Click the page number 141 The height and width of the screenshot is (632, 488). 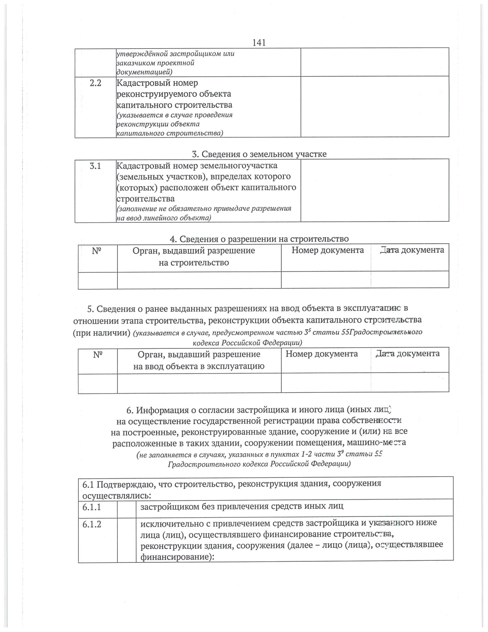[259, 42]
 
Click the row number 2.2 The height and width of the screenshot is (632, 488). [95, 83]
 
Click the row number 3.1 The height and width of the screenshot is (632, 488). [95, 166]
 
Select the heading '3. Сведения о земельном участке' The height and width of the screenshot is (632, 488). [259, 154]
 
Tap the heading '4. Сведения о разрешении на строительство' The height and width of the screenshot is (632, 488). [259, 239]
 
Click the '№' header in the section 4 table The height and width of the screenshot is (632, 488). [97, 251]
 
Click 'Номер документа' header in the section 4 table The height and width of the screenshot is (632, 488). [327, 250]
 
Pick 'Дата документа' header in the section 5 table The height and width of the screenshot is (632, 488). [407, 354]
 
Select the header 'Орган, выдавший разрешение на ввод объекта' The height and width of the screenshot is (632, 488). [199, 360]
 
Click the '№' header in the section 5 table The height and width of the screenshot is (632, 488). [97, 354]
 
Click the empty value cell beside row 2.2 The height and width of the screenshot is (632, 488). [375, 106]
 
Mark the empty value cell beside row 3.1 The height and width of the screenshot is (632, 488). [375, 190]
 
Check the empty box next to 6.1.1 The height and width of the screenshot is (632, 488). [126, 507]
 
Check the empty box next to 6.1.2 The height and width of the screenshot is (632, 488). [126, 540]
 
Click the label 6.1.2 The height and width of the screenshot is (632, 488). [91, 524]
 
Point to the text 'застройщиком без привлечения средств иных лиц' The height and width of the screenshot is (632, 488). [242, 507]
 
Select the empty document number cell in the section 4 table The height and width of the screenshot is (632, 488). [326, 280]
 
